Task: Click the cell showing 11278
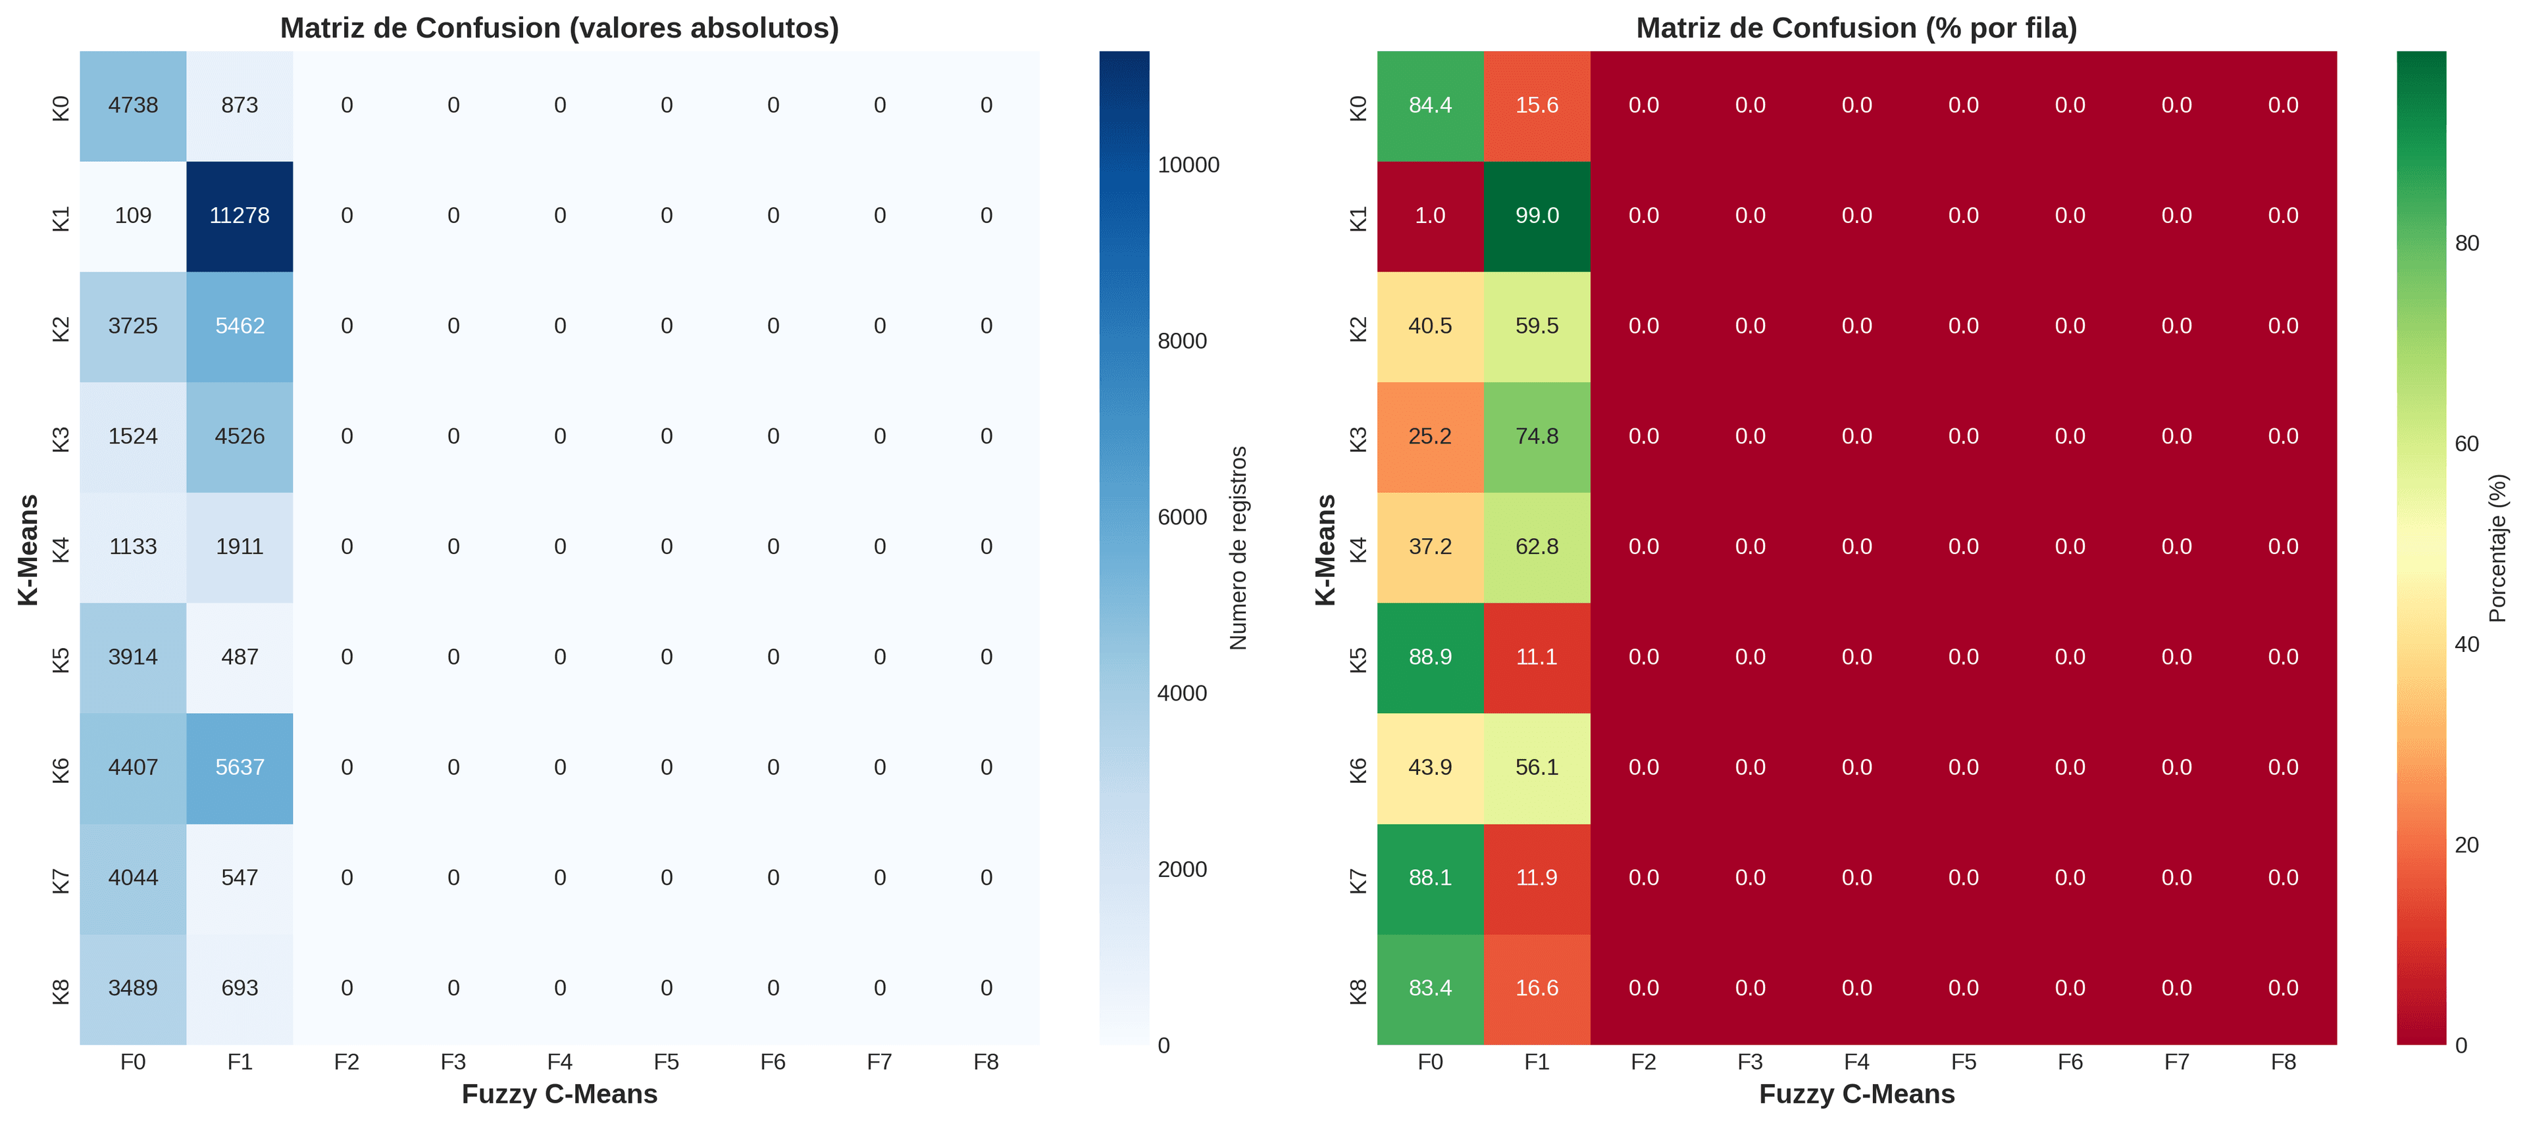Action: pos(240,216)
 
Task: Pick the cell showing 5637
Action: pos(240,767)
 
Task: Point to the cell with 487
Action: pos(240,657)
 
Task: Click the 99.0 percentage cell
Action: pos(1536,216)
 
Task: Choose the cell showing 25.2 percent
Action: pos(1429,436)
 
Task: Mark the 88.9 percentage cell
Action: pos(1429,657)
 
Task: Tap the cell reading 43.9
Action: pos(1429,767)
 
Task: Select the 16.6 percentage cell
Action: pos(1536,988)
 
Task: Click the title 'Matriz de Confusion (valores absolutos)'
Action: pos(559,28)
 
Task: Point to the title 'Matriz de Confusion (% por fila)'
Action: pos(1856,28)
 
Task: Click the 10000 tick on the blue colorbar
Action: pos(1188,164)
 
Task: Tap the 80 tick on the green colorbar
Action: pos(2466,243)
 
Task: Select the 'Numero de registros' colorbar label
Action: pos(1238,547)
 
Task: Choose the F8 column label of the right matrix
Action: pos(2283,1062)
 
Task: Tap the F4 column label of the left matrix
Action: pos(559,1062)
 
